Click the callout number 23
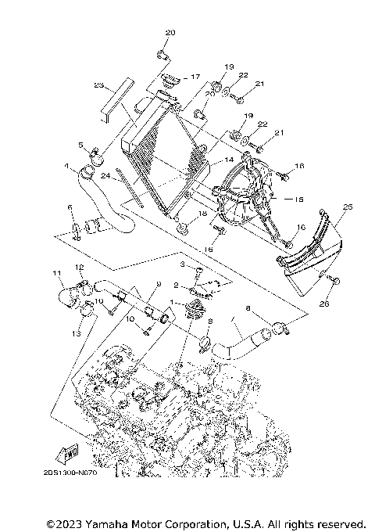tap(98, 85)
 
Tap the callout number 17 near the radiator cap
tap(195, 77)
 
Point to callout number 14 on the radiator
tap(229, 160)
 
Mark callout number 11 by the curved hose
tap(56, 273)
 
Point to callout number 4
tap(66, 166)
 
